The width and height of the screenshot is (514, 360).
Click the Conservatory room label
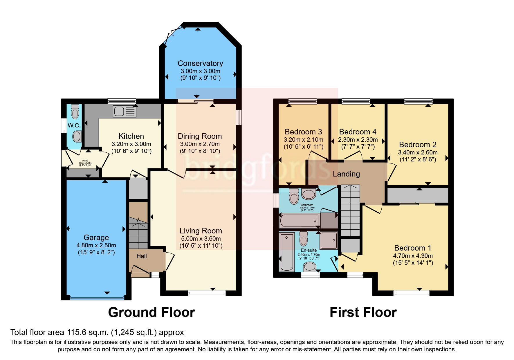coord(200,63)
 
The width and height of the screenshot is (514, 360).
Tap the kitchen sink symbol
coord(125,111)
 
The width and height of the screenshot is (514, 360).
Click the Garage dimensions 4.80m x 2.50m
coord(96,245)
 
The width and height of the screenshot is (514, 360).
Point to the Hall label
coord(142,256)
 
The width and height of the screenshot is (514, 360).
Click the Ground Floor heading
coord(151,313)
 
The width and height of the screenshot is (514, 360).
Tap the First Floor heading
coord(363,313)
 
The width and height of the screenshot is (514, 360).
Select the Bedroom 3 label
coord(303,132)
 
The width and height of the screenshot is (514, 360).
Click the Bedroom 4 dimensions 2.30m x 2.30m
coord(358,140)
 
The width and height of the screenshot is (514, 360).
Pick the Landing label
coord(346,174)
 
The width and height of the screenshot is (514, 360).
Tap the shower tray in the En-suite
coord(329,240)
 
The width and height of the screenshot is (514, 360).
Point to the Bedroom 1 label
coord(412,248)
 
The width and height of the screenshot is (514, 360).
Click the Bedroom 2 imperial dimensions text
coord(418,159)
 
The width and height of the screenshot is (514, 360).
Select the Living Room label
coord(201,231)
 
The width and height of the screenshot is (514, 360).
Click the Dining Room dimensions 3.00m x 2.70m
coord(200,144)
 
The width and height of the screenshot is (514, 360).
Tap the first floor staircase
coord(350,210)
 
